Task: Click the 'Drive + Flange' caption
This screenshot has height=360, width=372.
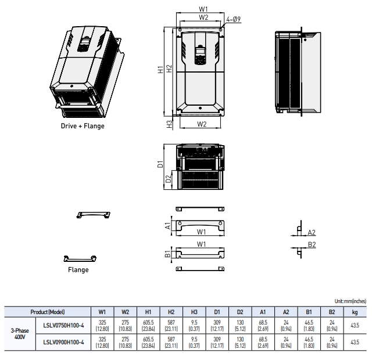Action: pos(83,126)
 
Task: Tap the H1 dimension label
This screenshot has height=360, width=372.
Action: pos(161,70)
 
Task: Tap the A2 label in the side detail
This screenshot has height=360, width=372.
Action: pos(312,232)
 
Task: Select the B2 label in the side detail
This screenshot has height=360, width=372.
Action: pos(312,244)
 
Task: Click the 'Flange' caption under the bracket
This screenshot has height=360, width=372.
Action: pos(78,269)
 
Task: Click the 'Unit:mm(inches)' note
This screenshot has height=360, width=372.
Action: pos(350,301)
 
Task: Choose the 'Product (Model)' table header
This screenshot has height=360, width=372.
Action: pos(48,311)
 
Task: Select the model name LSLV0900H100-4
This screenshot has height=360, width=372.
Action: pos(63,342)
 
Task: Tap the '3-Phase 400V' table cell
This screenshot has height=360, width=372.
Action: pos(19,334)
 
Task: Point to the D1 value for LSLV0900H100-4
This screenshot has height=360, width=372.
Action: pos(217,342)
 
